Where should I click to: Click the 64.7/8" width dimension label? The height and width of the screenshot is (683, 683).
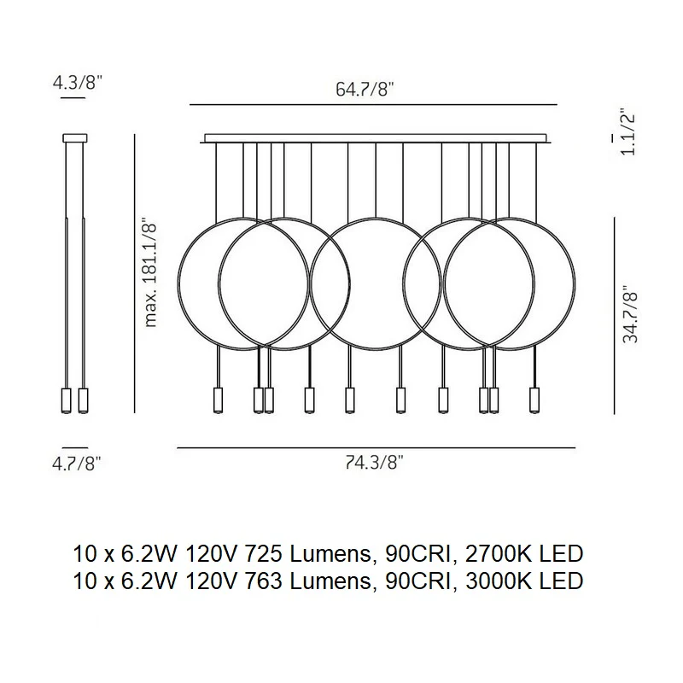pyautogui.click(x=365, y=90)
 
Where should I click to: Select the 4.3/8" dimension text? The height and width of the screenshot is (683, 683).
pyautogui.click(x=77, y=82)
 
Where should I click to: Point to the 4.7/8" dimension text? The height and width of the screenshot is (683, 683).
pyautogui.click(x=77, y=464)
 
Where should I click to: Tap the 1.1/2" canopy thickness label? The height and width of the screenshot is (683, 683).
pyautogui.click(x=628, y=134)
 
